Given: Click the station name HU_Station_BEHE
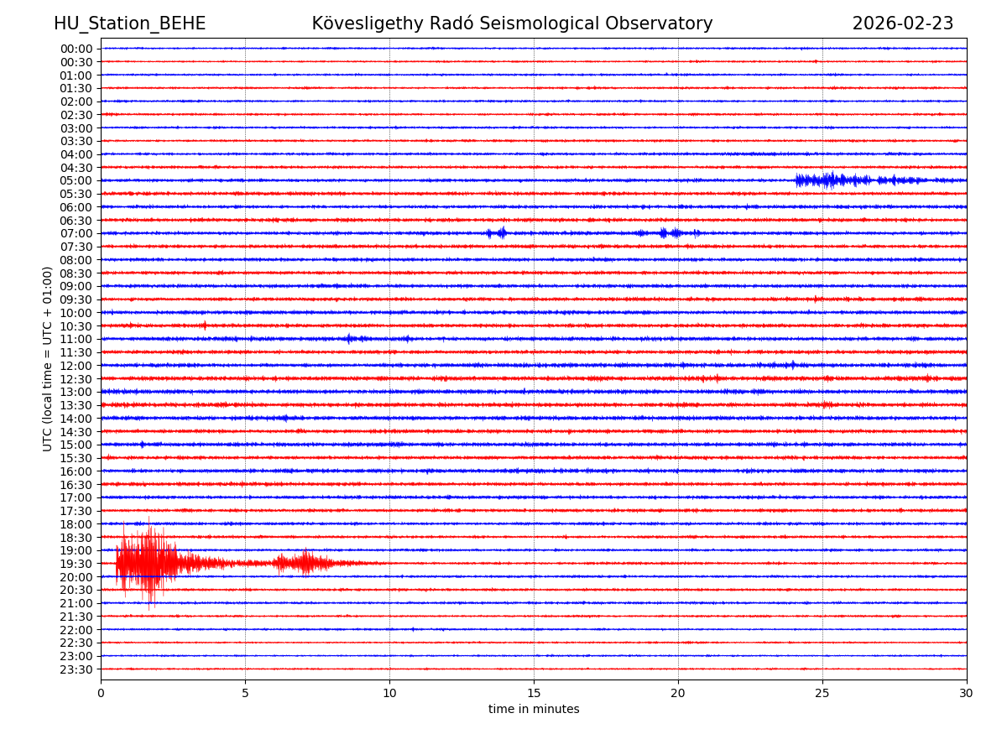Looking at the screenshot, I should [129, 24].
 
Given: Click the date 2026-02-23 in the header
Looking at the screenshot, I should [902, 24].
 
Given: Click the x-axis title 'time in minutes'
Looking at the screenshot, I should [534, 710].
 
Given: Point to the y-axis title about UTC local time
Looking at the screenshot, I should [48, 358].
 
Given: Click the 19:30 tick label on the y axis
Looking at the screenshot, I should [76, 564].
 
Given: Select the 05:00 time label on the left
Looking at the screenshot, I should [76, 180].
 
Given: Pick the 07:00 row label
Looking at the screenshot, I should [76, 233].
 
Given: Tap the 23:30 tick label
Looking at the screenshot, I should [76, 669].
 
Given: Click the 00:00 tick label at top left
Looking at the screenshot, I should [76, 49].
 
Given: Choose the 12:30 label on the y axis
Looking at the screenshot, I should [76, 379].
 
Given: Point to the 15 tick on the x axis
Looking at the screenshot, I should [534, 694].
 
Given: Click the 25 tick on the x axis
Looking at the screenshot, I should [822, 694].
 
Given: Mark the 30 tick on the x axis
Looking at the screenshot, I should [967, 694].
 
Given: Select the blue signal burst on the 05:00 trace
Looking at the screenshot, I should [831, 180].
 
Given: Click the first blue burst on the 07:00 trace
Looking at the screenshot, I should [498, 233].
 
